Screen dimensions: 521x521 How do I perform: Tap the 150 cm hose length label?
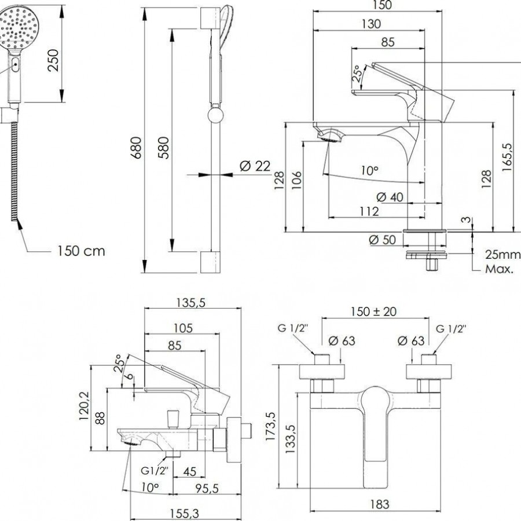tap(81, 251)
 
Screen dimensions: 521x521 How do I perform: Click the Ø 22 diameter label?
tap(255, 167)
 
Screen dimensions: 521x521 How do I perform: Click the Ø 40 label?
tap(389, 197)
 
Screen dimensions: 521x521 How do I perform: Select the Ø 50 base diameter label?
tap(383, 239)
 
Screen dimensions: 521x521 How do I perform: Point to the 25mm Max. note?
tap(501, 262)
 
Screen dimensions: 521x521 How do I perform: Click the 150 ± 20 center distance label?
tap(373, 311)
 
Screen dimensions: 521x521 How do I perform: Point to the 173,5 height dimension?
tap(270, 425)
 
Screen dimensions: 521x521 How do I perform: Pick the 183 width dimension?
tap(379, 504)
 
